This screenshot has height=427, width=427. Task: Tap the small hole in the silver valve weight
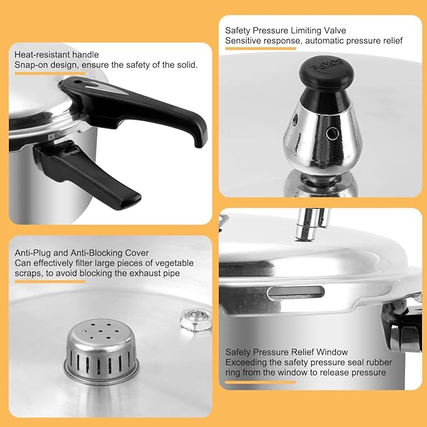[330, 133]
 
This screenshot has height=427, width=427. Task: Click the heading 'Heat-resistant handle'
[57, 55]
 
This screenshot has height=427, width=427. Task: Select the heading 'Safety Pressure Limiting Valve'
[286, 30]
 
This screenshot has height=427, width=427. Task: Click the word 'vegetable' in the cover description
[175, 263]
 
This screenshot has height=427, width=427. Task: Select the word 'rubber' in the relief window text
[369, 362]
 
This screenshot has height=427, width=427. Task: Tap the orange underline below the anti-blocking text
[50, 281]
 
